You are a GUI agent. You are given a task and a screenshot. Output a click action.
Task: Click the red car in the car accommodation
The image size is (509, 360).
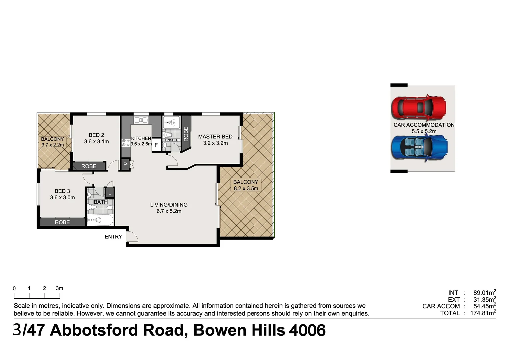coord(419,107)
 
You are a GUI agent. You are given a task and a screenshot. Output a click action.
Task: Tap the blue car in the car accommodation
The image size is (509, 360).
coord(419,148)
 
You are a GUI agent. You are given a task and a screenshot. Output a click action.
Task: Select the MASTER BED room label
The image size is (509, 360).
coord(215,137)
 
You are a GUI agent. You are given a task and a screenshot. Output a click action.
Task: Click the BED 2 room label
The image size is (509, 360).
coord(96,135)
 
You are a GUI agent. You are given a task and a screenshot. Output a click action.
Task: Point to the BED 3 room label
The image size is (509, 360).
coord(62,191)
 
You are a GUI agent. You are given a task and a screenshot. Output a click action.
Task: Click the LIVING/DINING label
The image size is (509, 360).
coord(169,205)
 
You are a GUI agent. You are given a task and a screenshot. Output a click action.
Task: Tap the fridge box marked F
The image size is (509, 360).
coord(156,145)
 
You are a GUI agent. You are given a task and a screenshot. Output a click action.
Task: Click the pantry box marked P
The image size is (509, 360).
coord(125,165)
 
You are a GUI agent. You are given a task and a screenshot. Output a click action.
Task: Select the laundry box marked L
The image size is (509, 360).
coord(110,193)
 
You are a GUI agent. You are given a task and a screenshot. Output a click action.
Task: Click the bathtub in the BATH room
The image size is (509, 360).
coord(100,220)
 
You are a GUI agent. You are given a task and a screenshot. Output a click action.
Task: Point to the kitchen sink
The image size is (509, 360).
coord(141,120)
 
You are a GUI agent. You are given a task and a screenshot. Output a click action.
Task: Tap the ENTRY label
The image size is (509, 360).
coord(113,237)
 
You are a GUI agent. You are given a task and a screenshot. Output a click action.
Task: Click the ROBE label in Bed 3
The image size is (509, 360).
coord(62,222)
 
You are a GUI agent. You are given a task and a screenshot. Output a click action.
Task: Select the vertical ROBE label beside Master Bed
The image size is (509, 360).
coord(186,134)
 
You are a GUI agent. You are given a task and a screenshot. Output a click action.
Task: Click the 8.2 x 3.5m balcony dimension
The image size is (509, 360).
coord(246,188)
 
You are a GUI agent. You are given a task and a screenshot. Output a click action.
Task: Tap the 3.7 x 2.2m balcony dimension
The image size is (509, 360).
coord(53,145)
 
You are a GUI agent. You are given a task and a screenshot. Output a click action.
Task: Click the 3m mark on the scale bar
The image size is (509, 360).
coord(59,288)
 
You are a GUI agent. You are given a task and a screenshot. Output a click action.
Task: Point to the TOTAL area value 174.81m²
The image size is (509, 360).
coord(483,313)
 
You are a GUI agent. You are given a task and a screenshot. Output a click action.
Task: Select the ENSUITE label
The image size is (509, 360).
coord(172,140)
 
